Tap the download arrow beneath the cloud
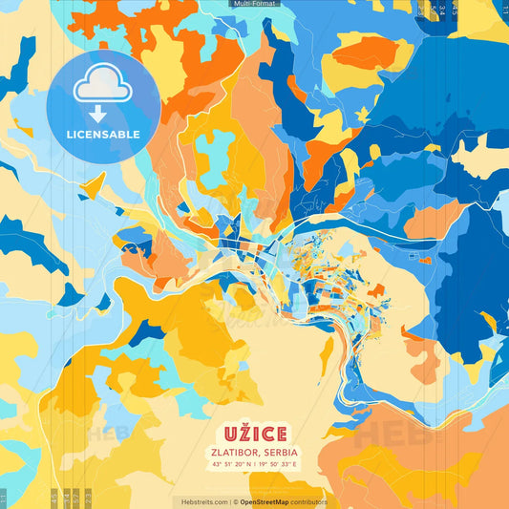(x=96, y=114)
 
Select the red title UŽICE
(x=255, y=433)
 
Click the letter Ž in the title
(x=243, y=432)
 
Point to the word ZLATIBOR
(x=237, y=452)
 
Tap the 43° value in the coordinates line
(x=218, y=464)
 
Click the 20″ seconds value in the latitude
(x=239, y=464)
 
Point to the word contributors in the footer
(x=310, y=501)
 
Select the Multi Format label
(x=254, y=4)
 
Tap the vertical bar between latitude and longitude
(x=256, y=464)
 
